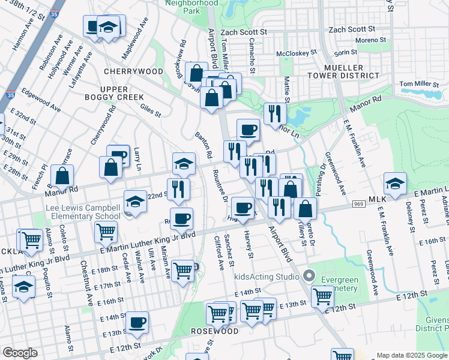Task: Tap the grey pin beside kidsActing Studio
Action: click(x=309, y=277)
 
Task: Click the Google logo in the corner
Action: click(x=20, y=353)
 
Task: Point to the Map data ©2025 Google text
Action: click(x=411, y=355)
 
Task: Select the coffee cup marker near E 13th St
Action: click(x=137, y=323)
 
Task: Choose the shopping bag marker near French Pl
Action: click(x=62, y=176)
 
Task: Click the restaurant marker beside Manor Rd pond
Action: click(x=274, y=113)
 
